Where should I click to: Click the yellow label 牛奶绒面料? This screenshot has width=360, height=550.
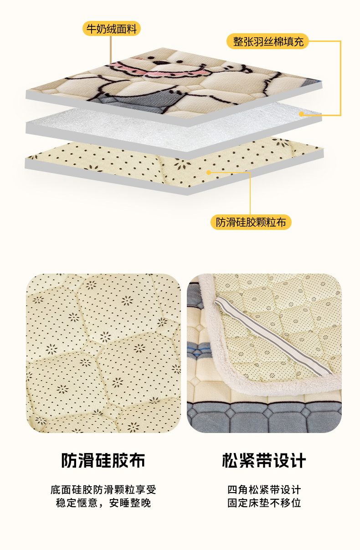tap(112, 29)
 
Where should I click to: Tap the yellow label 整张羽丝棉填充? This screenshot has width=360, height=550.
tap(267, 41)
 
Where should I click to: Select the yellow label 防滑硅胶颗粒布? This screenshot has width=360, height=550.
tap(251, 222)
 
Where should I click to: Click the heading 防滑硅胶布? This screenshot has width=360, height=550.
tap(103, 460)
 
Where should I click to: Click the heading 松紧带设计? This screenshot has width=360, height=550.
tap(264, 460)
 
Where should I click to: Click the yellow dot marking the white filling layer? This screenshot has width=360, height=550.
tap(302, 114)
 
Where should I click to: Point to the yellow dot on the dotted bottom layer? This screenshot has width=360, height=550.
tap(209, 173)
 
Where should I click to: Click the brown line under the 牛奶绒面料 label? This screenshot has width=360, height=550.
tap(111, 50)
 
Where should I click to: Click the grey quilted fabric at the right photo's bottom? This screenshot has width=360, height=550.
tap(264, 418)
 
